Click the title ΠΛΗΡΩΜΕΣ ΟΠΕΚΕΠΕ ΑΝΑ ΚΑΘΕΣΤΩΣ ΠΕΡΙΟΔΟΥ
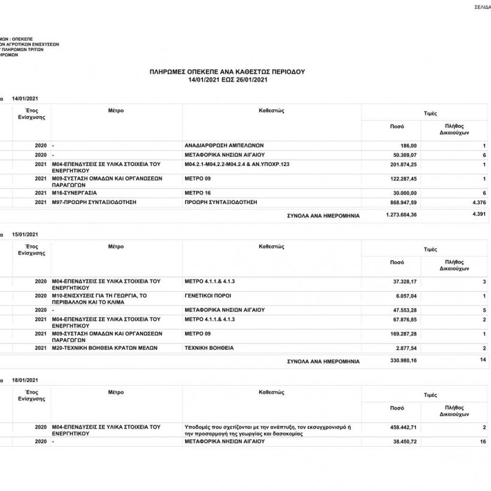[x=228, y=71]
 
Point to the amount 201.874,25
[x=402, y=164]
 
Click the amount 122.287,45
[x=402, y=178]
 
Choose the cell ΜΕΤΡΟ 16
[x=198, y=193]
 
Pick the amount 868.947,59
[x=402, y=202]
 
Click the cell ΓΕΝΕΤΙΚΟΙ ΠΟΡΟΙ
[x=208, y=296]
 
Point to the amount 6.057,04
[x=404, y=296]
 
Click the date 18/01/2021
[x=25, y=380]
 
